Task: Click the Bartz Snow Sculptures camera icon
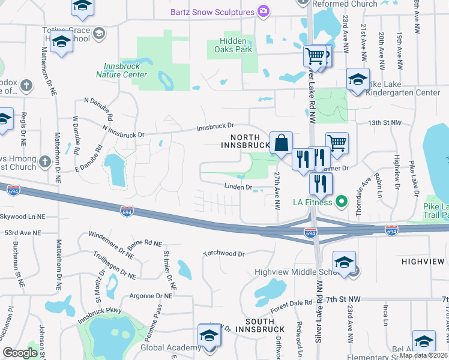click(x=263, y=11)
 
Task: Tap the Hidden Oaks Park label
click(x=231, y=45)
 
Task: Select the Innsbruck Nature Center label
click(x=121, y=71)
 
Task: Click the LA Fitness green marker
click(x=342, y=202)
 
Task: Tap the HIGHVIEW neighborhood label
click(x=423, y=262)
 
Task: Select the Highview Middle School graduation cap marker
click(x=344, y=263)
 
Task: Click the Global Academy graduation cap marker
click(x=208, y=336)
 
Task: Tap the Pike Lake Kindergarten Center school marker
click(x=357, y=80)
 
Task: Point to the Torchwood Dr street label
click(x=224, y=254)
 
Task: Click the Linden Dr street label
click(x=238, y=187)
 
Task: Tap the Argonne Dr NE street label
click(x=148, y=296)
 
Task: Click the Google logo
click(x=20, y=353)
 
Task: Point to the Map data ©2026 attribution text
click(x=423, y=355)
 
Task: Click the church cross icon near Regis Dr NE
click(x=25, y=85)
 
